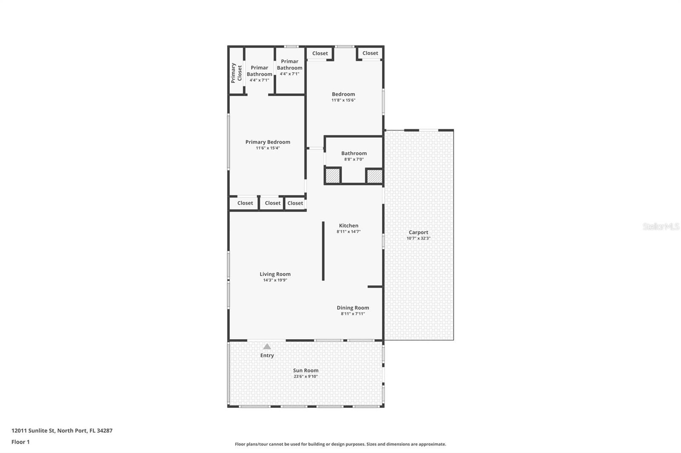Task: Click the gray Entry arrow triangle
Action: pyautogui.click(x=267, y=346)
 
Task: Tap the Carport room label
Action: pyautogui.click(x=418, y=232)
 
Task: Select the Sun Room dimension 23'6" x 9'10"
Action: pyautogui.click(x=306, y=377)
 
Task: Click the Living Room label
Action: pyautogui.click(x=275, y=274)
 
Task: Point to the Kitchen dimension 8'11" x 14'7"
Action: pyautogui.click(x=349, y=232)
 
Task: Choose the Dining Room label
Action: pyautogui.click(x=353, y=308)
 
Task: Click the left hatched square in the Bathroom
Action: pyautogui.click(x=332, y=176)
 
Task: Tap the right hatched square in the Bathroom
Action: pyautogui.click(x=374, y=176)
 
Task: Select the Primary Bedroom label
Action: pyautogui.click(x=268, y=142)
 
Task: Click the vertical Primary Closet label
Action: pyautogui.click(x=236, y=73)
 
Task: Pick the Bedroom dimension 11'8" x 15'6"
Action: pyautogui.click(x=343, y=100)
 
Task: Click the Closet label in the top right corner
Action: pyautogui.click(x=370, y=53)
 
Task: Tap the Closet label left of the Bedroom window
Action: pyautogui.click(x=320, y=54)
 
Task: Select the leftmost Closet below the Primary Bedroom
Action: pyautogui.click(x=245, y=203)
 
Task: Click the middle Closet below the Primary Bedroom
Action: pyautogui.click(x=272, y=203)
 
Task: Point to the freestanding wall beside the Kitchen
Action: pyautogui.click(x=323, y=251)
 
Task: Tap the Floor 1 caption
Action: pyautogui.click(x=20, y=442)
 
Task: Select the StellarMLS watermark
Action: pyautogui.click(x=661, y=226)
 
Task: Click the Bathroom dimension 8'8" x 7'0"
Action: pyautogui.click(x=354, y=159)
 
